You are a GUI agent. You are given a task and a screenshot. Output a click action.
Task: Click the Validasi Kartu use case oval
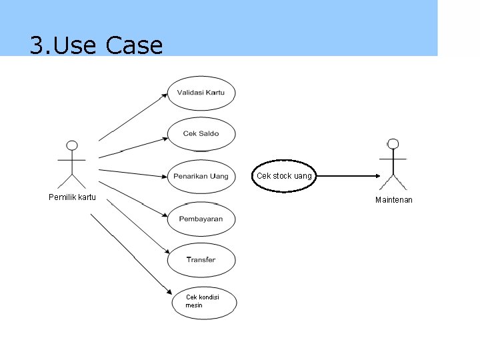coord(201,93)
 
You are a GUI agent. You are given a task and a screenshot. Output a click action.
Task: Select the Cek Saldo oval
coord(201,134)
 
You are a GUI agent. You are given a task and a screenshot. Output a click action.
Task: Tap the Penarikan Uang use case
coord(201,177)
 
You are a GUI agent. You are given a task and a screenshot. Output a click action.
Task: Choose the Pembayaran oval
coord(201,219)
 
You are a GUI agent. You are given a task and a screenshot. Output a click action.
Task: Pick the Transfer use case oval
coord(201,259)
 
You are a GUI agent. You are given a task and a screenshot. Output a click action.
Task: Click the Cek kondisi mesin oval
coord(202,301)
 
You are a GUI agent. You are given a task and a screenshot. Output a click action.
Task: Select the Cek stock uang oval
coord(284,176)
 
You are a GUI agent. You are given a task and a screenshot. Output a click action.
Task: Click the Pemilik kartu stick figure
coord(72,164)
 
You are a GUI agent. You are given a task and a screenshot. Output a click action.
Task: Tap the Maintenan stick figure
coord(393,164)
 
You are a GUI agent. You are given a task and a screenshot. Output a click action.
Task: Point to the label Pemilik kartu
coord(72,197)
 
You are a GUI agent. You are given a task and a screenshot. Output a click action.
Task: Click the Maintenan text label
coord(393,200)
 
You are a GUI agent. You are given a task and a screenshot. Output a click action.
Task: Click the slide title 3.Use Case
coord(96,45)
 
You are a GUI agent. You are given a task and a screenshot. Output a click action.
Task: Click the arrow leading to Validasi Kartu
coord(133,117)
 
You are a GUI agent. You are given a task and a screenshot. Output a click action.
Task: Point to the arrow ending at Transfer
coord(137,227)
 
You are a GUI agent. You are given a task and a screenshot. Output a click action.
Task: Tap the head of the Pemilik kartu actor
coord(72,145)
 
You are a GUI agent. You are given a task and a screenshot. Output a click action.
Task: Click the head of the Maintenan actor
coord(393,143)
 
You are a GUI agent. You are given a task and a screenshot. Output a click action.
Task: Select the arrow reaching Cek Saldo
coord(133,148)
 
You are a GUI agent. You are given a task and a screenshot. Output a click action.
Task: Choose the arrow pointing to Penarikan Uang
coord(133,173)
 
